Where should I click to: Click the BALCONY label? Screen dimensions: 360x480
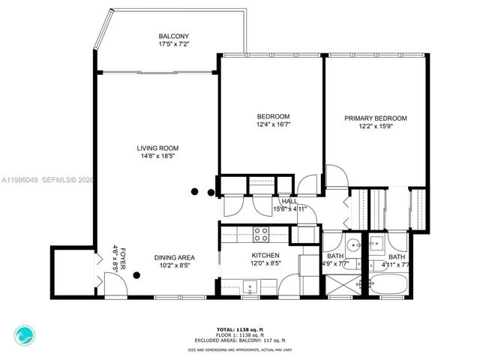(x=173, y=36)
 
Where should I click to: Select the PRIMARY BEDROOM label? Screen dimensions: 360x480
(x=375, y=118)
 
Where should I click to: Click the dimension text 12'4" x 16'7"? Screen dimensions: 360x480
(x=274, y=124)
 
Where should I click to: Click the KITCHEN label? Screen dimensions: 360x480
(x=265, y=255)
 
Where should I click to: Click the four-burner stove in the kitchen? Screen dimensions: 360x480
(x=262, y=234)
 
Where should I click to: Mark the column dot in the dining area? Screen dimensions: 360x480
(x=136, y=275)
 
